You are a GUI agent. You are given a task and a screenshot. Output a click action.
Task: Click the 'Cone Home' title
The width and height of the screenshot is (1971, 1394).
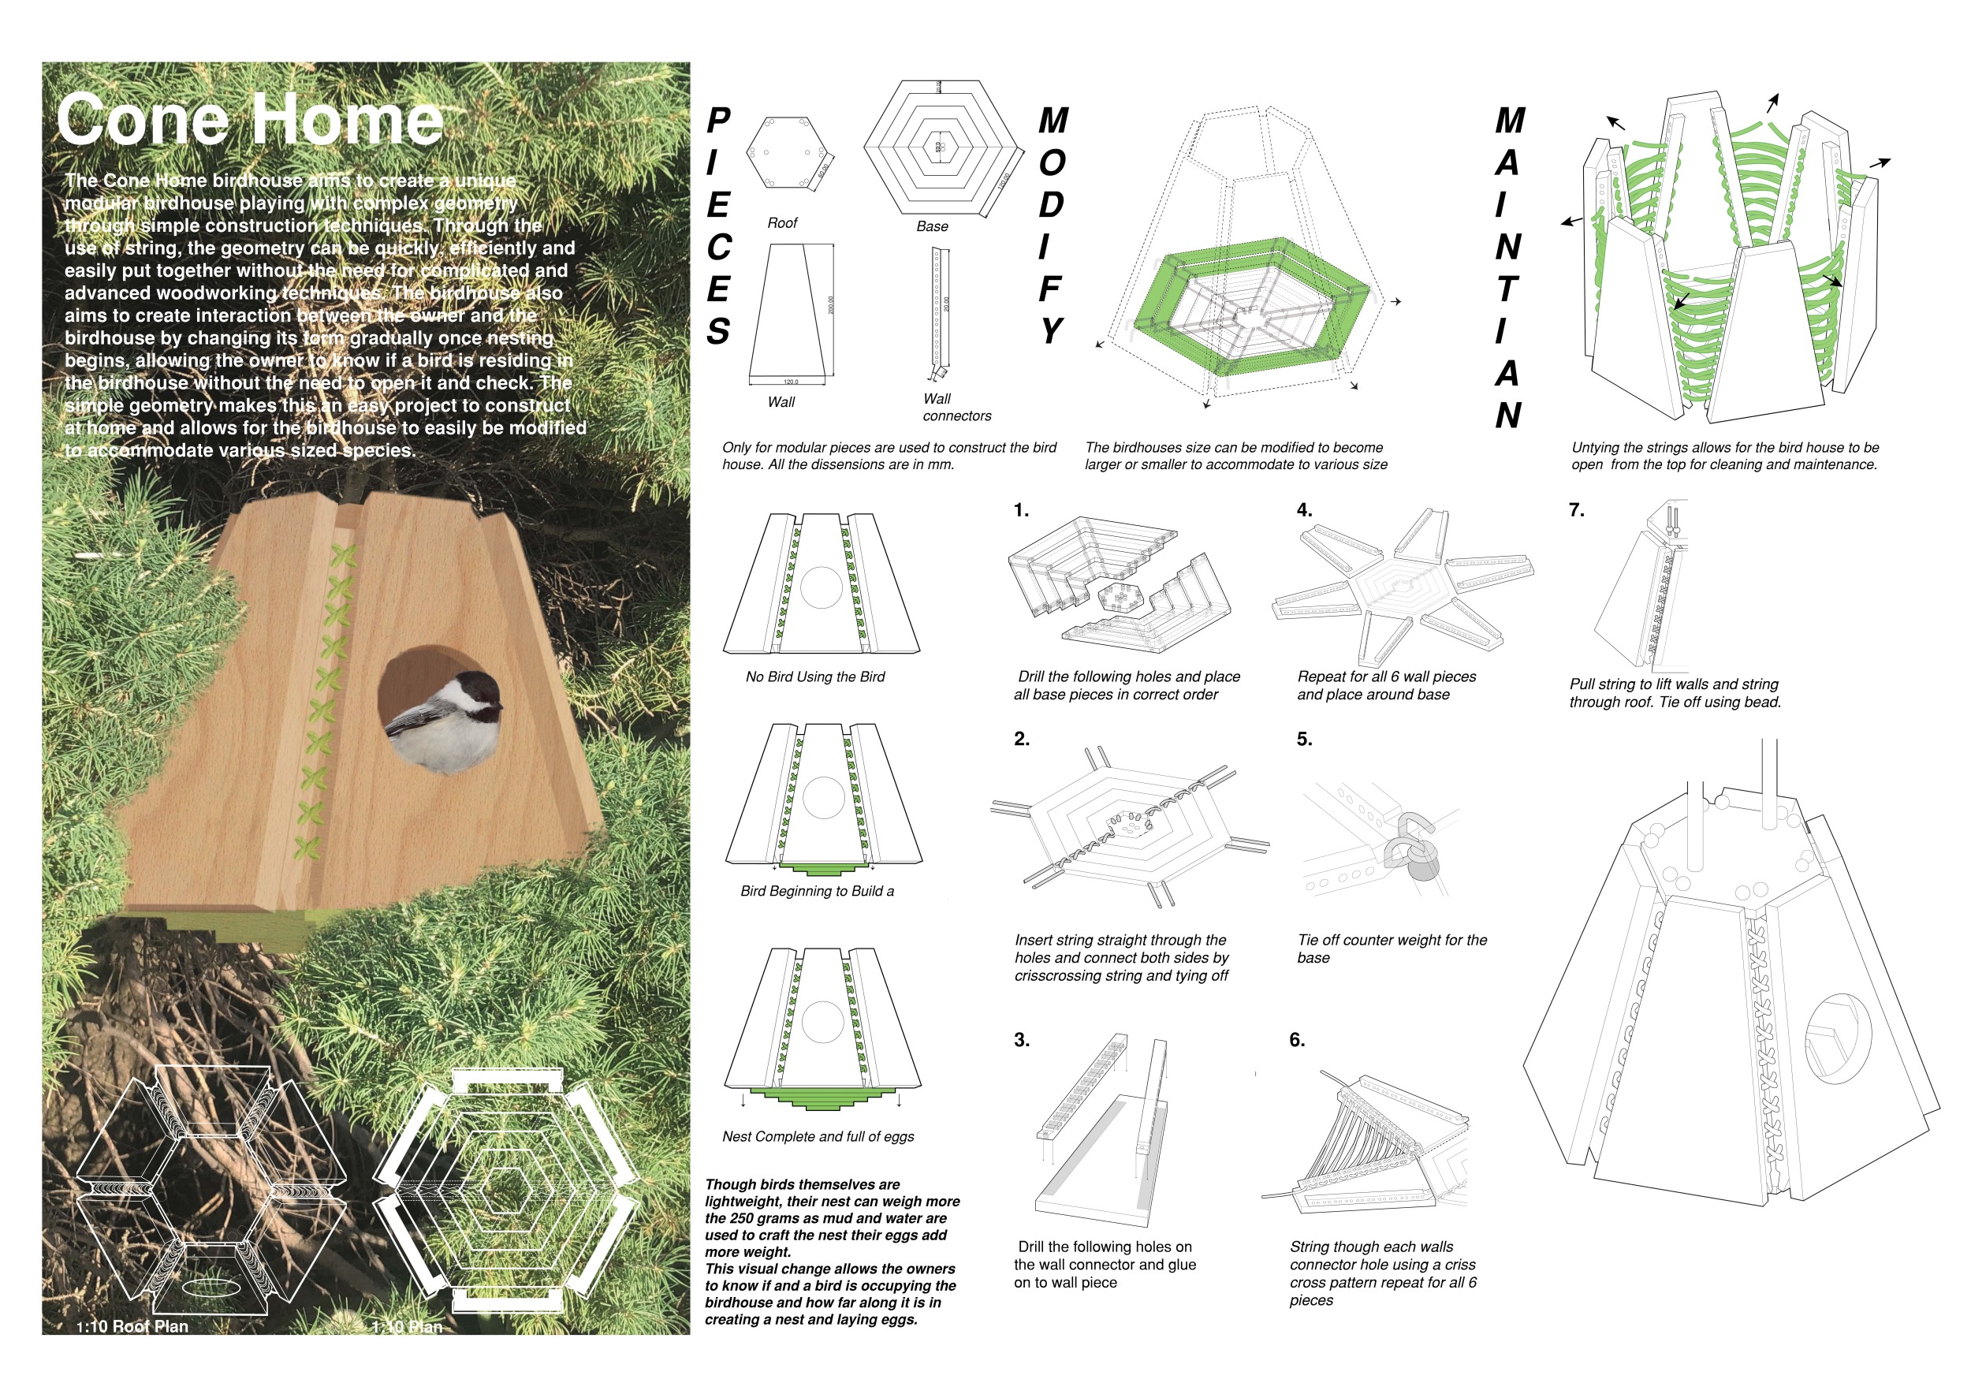click(x=250, y=119)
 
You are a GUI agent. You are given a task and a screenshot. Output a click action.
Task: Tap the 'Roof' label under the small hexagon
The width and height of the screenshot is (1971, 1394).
click(x=782, y=223)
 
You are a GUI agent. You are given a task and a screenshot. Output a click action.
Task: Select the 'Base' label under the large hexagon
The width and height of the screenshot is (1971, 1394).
click(x=932, y=226)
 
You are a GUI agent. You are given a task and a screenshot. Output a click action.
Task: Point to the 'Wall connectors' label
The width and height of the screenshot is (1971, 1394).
click(x=956, y=408)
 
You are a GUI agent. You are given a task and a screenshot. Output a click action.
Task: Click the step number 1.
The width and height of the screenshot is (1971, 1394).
click(x=1021, y=511)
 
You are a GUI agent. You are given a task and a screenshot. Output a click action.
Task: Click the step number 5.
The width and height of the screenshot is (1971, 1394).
click(x=1304, y=739)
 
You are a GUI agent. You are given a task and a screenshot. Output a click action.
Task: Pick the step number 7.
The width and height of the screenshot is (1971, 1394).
click(x=1576, y=511)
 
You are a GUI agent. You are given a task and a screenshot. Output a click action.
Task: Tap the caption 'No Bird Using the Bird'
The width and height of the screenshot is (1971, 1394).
click(x=814, y=677)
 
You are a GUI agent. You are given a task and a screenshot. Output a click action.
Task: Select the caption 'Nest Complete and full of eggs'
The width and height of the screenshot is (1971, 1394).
click(x=818, y=1136)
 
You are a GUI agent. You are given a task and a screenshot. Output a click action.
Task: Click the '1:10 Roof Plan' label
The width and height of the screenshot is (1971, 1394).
click(x=133, y=1326)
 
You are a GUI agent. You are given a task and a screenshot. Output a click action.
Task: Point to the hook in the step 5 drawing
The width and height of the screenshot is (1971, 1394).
click(x=1414, y=845)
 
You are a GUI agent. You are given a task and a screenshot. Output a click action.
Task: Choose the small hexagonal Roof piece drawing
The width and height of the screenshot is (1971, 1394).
click(x=786, y=152)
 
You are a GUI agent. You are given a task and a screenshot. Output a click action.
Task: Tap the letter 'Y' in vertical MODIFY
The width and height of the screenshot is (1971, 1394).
click(x=1051, y=331)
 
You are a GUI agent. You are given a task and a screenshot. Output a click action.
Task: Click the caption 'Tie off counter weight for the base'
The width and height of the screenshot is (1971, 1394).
click(x=1392, y=949)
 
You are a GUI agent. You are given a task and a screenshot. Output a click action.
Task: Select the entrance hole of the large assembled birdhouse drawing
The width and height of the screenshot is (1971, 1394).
click(x=1838, y=1038)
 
